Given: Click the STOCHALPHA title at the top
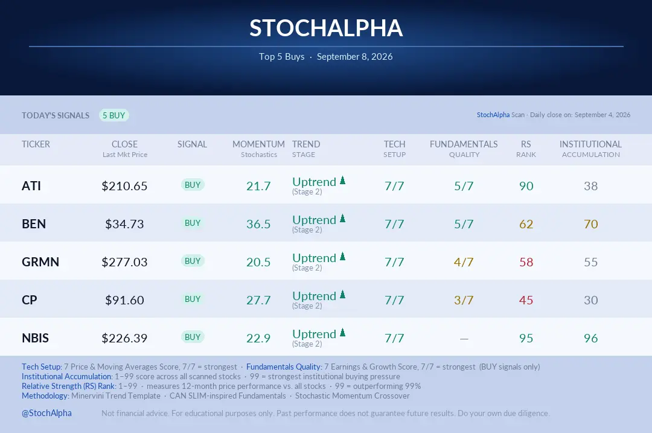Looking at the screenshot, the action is coord(326,28).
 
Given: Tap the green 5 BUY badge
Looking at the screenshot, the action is coord(114,115).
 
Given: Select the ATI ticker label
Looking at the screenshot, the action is coord(31,186).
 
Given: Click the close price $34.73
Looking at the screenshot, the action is coord(124,224).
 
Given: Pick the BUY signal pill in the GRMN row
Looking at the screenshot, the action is coord(193,261).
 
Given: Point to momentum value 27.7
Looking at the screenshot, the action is coord(258,300).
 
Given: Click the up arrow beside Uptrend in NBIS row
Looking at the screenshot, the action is coord(343,332).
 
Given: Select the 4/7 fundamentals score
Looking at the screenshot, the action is coord(464,262).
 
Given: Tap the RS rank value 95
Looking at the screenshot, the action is coord(526,338).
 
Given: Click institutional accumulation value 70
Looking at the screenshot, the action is coord(591,224).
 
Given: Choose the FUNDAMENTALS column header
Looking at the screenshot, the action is coord(464,144).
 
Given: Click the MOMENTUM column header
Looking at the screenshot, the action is coord(258,144).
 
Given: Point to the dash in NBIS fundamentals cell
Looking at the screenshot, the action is coord(464,339).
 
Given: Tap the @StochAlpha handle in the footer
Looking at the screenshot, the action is coord(46,413).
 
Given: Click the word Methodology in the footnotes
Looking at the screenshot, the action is coord(45,396).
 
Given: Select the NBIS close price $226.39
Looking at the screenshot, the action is coord(124,338).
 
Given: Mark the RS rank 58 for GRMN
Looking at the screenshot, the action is coord(526,262).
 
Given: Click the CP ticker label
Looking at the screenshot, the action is coord(30,300).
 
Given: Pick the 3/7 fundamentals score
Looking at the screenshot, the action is coord(464,300).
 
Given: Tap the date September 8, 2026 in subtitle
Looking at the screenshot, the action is coord(355,57).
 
